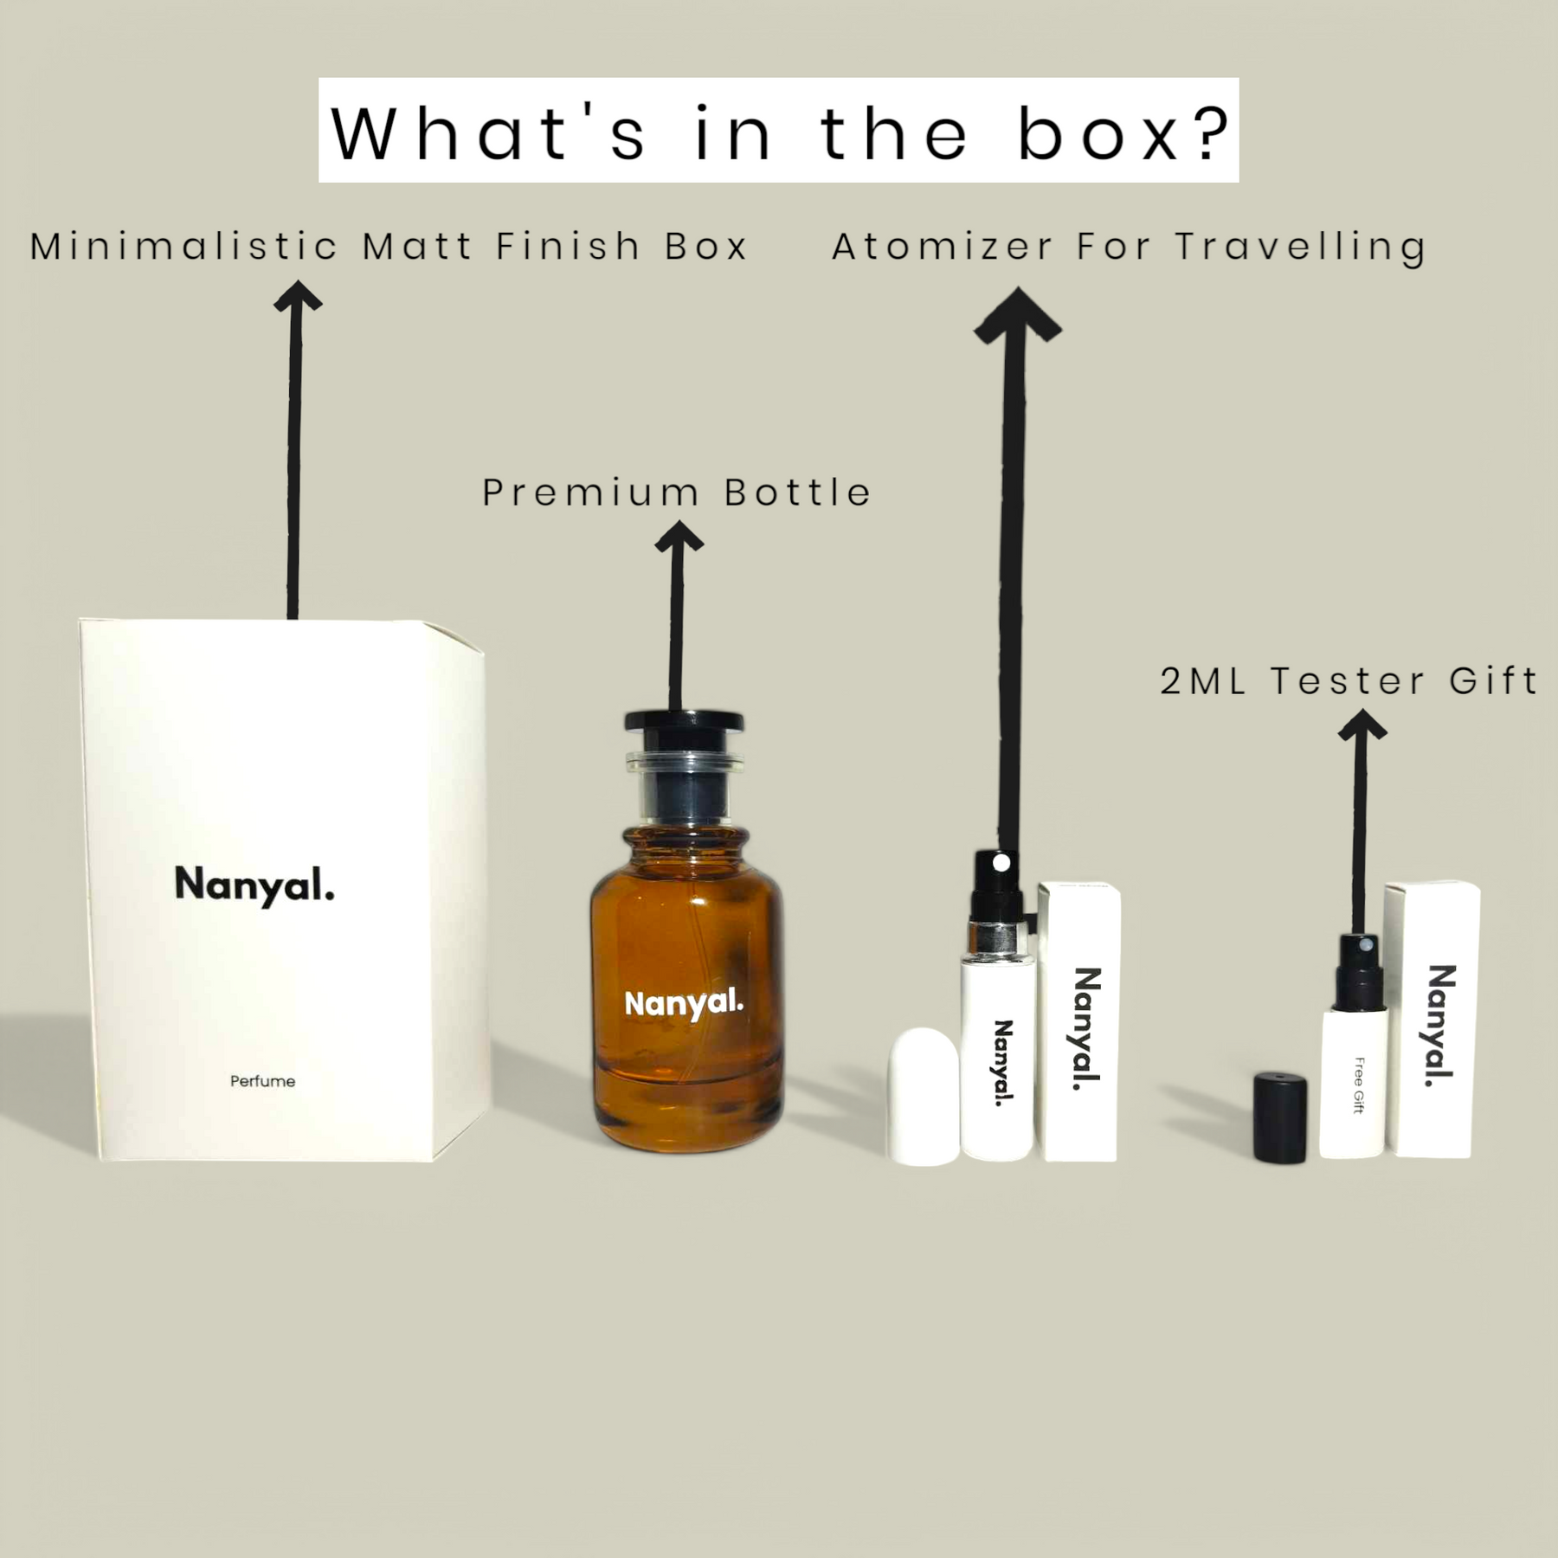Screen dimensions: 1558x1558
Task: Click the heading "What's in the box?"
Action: tap(779, 132)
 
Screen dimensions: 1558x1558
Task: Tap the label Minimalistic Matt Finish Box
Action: tap(389, 247)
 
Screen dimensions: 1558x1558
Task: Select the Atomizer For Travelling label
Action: tap(1129, 248)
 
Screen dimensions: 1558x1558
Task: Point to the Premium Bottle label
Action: tap(676, 493)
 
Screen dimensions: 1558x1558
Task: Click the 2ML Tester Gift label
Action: tap(1349, 680)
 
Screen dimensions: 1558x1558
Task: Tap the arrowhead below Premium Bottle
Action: tap(679, 537)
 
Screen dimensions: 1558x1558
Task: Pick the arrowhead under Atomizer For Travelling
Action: tap(1018, 315)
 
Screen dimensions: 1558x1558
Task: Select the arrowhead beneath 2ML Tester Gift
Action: tap(1362, 725)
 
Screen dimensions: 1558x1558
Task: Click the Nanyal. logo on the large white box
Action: tap(254, 885)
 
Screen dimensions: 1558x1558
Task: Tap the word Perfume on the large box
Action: tap(263, 1081)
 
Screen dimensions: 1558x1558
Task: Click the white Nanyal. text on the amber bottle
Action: tap(684, 1005)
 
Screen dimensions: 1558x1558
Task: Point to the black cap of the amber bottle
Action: tap(684, 721)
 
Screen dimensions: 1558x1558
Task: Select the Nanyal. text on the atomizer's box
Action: tap(1086, 1029)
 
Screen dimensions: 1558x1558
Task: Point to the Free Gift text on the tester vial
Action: tap(1358, 1085)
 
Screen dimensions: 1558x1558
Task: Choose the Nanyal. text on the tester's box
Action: tap(1440, 1026)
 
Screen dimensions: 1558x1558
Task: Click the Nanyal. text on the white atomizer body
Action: tap(1002, 1064)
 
